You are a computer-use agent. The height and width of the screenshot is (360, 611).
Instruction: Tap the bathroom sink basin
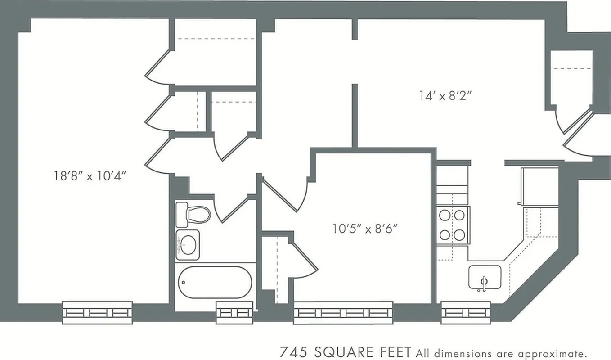(188, 244)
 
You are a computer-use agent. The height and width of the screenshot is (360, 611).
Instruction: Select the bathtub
(215, 282)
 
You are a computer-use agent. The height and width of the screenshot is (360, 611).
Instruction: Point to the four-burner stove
(452, 225)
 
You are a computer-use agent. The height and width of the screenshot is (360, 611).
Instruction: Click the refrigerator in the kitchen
(539, 186)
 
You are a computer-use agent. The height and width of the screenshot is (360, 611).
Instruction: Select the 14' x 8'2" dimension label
(445, 95)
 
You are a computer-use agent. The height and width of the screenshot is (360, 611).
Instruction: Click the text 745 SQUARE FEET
(345, 351)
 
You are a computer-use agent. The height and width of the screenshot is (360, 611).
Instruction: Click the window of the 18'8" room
(98, 312)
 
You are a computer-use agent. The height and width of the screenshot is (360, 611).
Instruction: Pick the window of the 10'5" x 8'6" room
(343, 312)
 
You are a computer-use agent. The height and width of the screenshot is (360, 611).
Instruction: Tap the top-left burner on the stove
(445, 216)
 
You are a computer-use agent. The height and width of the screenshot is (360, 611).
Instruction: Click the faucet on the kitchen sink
(484, 283)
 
